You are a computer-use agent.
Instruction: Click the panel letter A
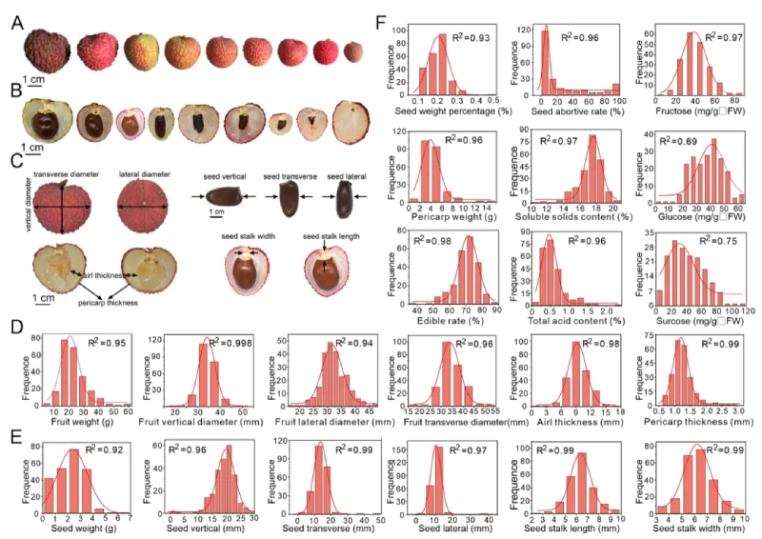[17, 20]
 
